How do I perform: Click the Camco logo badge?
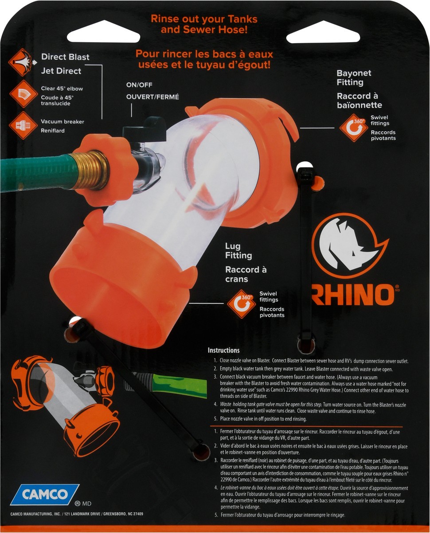[x=44, y=494]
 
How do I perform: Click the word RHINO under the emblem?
[x=353, y=295]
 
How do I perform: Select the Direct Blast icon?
[x=22, y=62]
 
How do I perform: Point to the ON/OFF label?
[x=139, y=85]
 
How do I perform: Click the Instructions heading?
[x=224, y=350]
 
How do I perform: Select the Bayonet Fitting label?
[x=353, y=78]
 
